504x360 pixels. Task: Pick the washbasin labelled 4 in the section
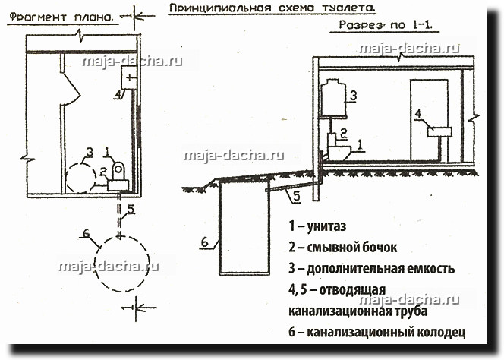(439, 131)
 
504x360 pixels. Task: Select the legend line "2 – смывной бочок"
(342, 247)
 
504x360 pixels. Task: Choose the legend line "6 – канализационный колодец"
(376, 333)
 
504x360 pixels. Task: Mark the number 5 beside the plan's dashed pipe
(131, 209)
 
